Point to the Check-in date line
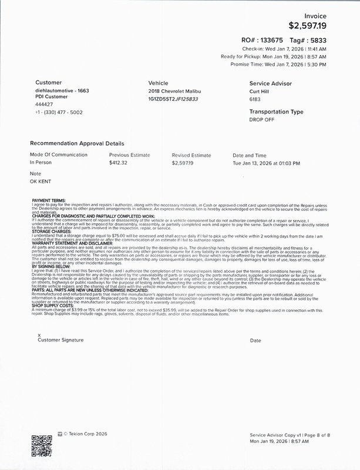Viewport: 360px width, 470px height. tap(293, 48)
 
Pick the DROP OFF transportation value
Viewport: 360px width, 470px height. tap(262, 119)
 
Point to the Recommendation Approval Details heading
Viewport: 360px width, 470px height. tap(77, 143)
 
